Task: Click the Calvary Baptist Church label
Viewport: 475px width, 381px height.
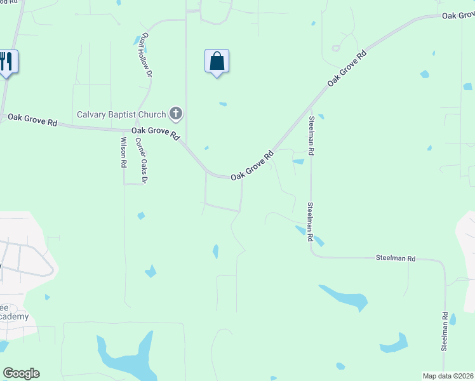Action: (x=122, y=115)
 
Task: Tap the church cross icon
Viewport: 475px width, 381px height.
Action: (x=176, y=114)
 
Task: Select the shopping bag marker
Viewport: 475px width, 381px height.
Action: (x=217, y=62)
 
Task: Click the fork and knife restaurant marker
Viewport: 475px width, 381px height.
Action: (x=6, y=62)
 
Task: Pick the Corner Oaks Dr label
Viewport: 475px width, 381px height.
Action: (x=142, y=162)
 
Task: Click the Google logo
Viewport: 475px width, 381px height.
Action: (x=21, y=373)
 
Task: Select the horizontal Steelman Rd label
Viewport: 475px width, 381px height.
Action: (x=395, y=258)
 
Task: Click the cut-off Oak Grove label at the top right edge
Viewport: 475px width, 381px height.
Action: (x=458, y=15)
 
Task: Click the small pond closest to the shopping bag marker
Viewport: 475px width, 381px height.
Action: (x=223, y=104)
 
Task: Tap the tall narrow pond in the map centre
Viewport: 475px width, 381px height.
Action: (x=215, y=251)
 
